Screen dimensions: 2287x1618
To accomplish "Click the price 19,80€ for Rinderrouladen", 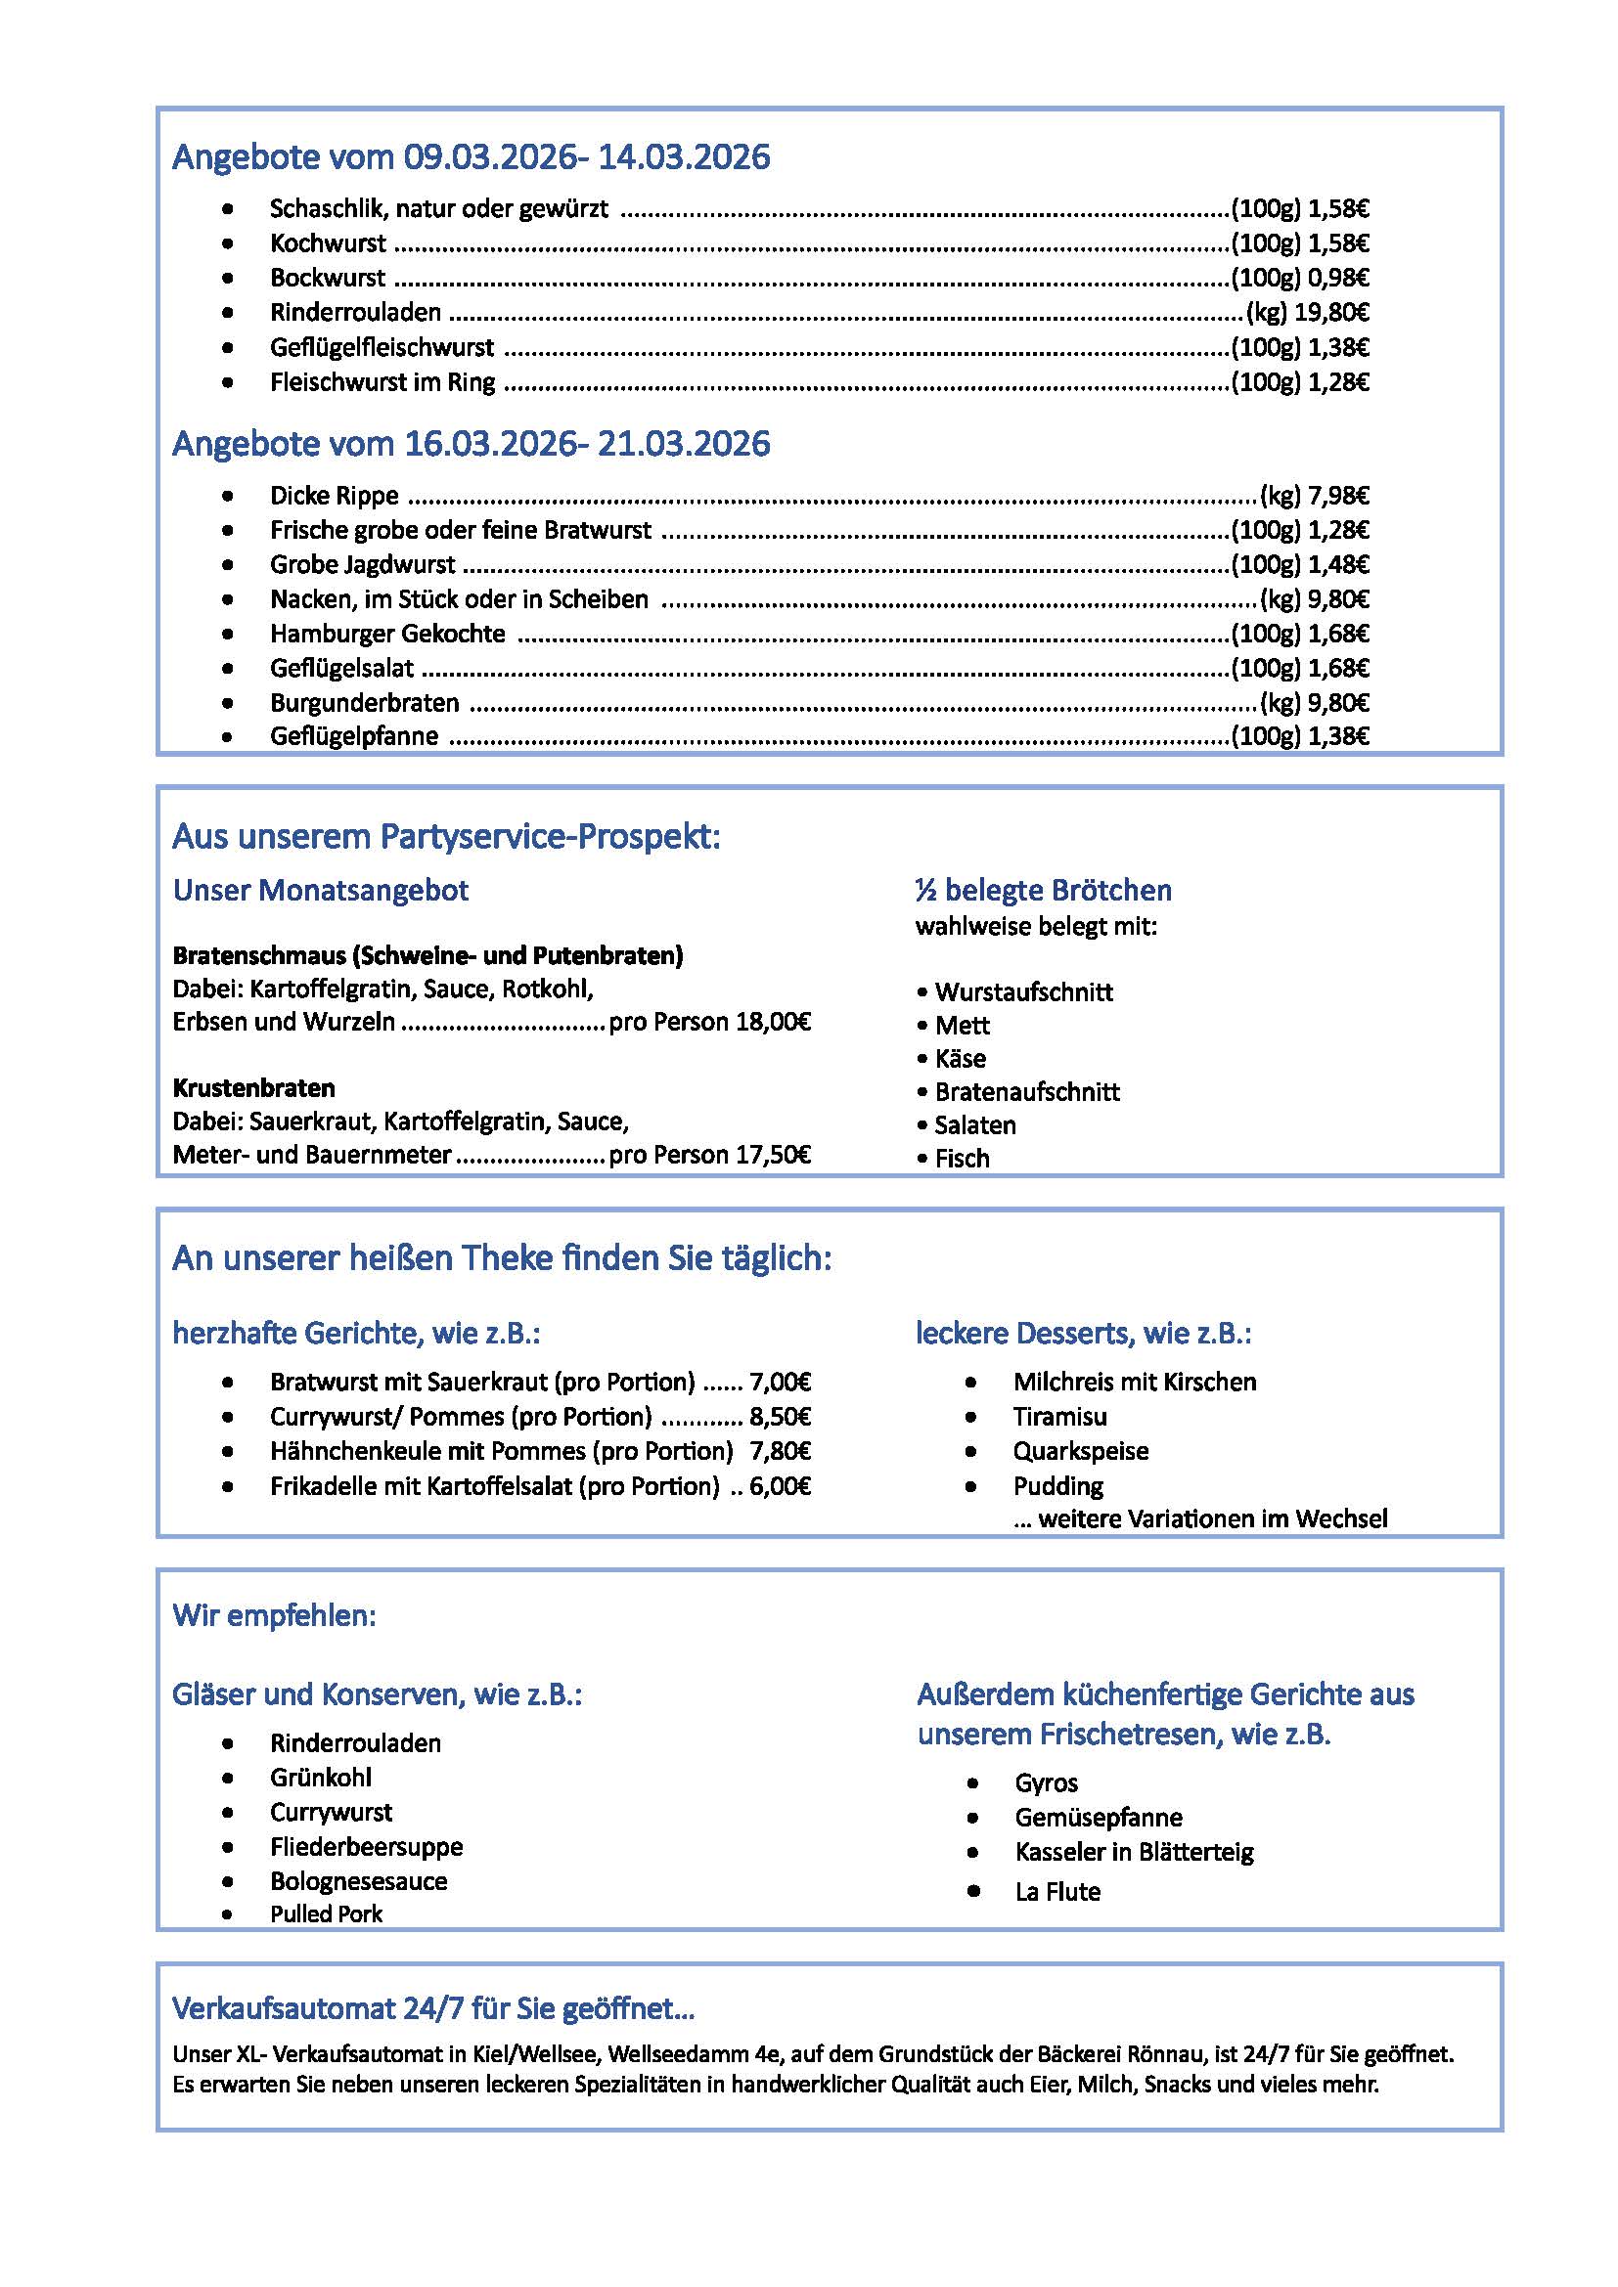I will (x=1331, y=313).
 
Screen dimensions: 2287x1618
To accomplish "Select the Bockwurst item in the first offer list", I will (x=327, y=278).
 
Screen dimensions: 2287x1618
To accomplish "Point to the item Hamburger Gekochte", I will (x=386, y=634).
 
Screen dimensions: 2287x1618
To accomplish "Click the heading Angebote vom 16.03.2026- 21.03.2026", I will (x=471, y=443).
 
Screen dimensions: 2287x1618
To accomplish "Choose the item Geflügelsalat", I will (x=340, y=669).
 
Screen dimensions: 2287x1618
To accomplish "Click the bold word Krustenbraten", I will (x=253, y=1087).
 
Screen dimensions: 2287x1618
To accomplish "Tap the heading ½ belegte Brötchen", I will (x=1043, y=890).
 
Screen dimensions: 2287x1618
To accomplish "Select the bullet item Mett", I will (x=962, y=1026).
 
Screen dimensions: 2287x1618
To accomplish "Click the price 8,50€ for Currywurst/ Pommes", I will (x=780, y=1417).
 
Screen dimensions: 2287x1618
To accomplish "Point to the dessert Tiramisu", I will (x=1059, y=1417).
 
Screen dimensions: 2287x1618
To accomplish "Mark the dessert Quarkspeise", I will (x=1080, y=1451).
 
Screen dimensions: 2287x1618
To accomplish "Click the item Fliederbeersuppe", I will (x=366, y=1847).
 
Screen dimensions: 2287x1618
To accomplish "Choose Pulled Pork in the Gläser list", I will (x=326, y=1913).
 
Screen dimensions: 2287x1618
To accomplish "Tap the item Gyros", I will (x=1046, y=1783).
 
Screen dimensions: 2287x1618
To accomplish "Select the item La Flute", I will (x=1057, y=1892).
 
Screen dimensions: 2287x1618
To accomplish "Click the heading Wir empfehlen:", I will (x=274, y=1615).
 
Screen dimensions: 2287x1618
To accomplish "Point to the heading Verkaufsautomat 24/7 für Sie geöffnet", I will (x=433, y=2008).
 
